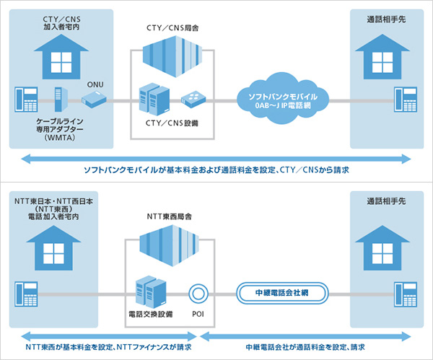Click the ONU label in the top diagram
pos(96,82)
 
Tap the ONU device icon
pos(95,96)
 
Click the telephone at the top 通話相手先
pos(406,97)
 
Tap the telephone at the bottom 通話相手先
pos(406,294)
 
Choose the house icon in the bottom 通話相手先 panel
pos(380,246)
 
